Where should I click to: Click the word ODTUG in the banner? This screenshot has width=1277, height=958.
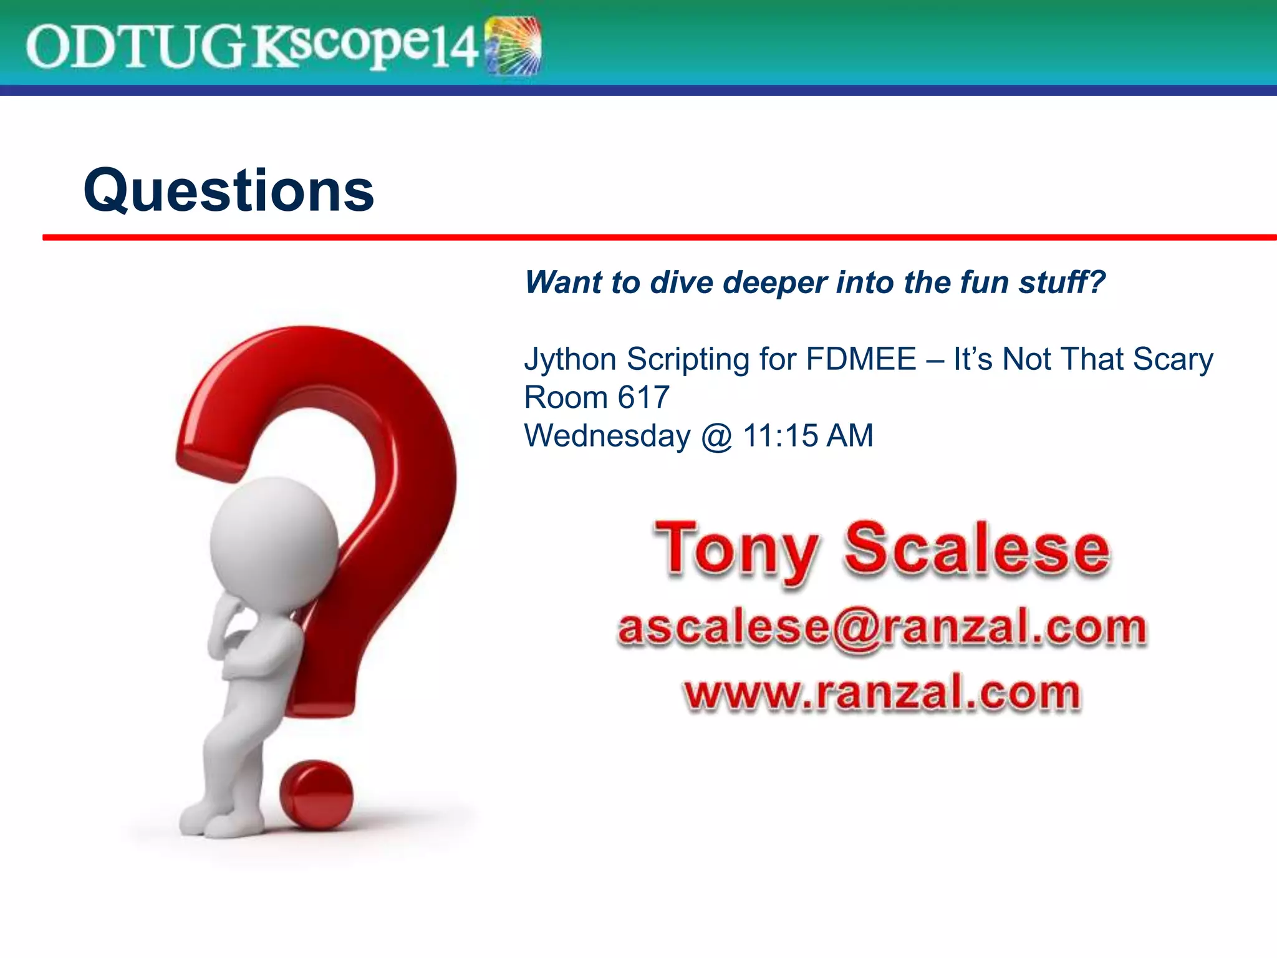tap(134, 47)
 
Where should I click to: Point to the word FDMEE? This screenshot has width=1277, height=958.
tap(860, 359)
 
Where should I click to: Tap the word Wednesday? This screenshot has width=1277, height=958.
tap(607, 435)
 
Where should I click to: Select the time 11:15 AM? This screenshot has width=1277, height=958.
tap(808, 435)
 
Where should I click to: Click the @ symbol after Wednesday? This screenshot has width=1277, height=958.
tap(716, 437)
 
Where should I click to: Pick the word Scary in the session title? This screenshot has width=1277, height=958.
tap(1172, 360)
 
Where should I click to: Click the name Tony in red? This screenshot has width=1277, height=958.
tap(736, 550)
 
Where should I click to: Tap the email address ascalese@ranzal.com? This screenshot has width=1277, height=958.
tap(882, 627)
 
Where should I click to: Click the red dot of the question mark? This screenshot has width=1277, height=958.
tap(316, 795)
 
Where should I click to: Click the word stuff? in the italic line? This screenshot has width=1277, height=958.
tap(1062, 283)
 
